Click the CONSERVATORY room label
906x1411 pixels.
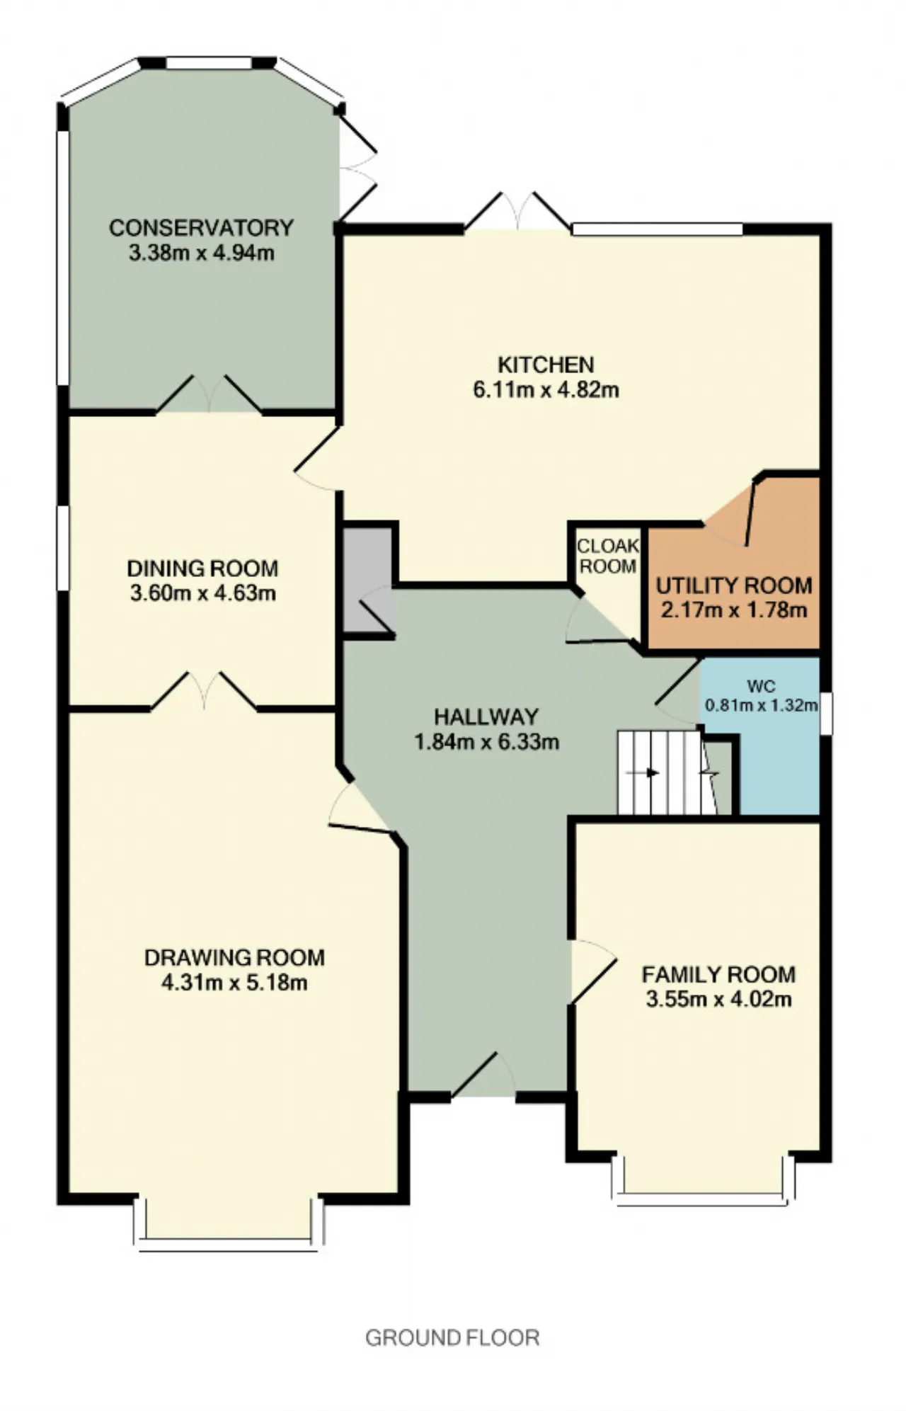point(201,228)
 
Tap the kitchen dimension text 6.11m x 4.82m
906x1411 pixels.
point(546,389)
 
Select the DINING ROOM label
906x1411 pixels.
point(202,569)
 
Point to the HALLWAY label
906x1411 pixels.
point(486,716)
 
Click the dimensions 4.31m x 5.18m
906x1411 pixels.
point(234,983)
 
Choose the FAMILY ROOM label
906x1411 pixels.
point(718,975)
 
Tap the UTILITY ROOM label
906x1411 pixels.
point(734,585)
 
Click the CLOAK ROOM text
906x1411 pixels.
point(608,556)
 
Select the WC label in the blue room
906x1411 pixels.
point(761,686)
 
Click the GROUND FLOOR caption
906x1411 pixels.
point(452,1338)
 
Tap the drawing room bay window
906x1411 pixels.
point(229,1219)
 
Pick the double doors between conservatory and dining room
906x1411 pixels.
point(208,394)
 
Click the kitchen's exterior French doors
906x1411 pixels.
point(517,211)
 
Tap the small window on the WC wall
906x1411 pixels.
point(827,713)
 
